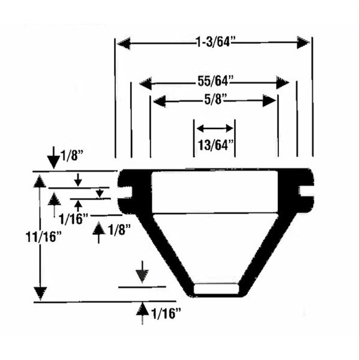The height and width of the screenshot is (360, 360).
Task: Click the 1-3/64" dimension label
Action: (215, 43)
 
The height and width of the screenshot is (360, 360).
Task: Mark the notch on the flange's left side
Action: (127, 191)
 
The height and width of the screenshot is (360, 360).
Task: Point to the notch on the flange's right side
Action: (304, 191)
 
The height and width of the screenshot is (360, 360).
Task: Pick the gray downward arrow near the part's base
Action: (142, 274)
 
